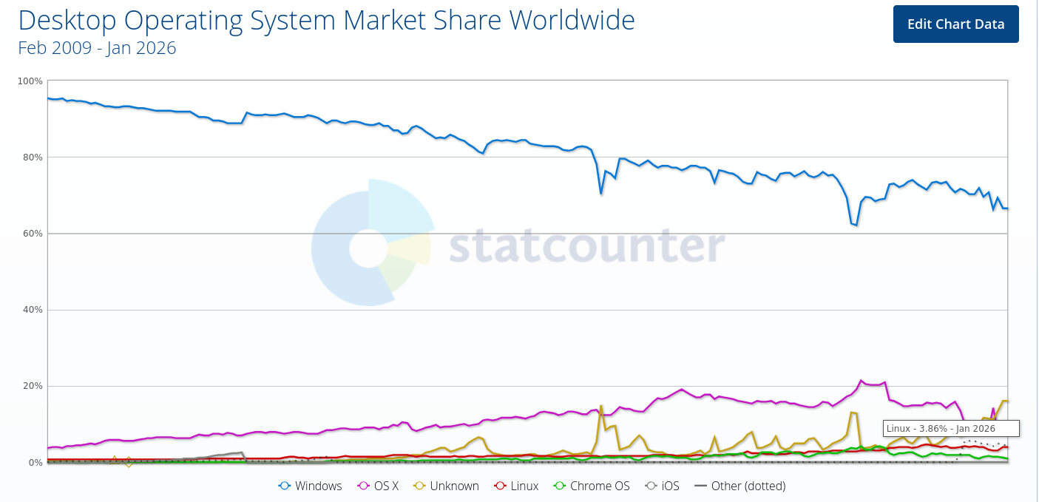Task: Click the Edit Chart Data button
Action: (x=955, y=24)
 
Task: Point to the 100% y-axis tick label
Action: (x=30, y=81)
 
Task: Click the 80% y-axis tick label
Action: (x=32, y=157)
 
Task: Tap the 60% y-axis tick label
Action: (x=32, y=234)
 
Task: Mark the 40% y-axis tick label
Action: (x=32, y=310)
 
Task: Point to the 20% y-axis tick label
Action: (x=32, y=386)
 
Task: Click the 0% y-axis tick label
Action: (x=34, y=463)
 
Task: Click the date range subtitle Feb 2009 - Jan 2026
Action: (x=97, y=48)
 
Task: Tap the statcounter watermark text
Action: (x=587, y=245)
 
